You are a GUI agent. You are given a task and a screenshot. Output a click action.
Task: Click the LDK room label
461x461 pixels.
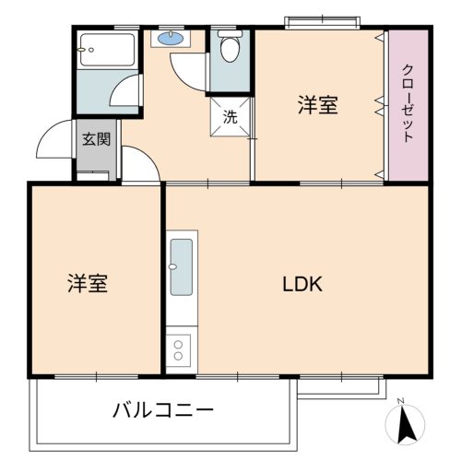pyautogui.click(x=302, y=284)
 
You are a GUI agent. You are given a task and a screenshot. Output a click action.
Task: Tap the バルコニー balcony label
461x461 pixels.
pyautogui.click(x=163, y=410)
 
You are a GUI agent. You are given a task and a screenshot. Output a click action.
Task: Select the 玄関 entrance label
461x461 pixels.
pyautogui.click(x=96, y=139)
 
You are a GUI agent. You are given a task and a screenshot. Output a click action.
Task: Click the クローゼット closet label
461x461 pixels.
pyautogui.click(x=408, y=103)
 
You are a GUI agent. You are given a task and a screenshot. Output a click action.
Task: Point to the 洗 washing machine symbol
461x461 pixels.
pyautogui.click(x=230, y=117)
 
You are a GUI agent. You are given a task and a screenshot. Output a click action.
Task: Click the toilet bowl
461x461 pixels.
pyautogui.click(x=230, y=49)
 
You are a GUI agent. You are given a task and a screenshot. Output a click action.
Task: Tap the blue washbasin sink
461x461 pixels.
pyautogui.click(x=171, y=38)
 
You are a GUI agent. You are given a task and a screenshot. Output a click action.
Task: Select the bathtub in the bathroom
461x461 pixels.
pyautogui.click(x=107, y=50)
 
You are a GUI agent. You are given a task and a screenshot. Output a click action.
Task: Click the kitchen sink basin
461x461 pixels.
pyautogui.click(x=182, y=267)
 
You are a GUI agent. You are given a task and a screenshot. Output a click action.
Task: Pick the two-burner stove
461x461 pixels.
pyautogui.click(x=178, y=350)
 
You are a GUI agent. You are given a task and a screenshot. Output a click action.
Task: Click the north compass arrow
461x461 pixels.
pyautogui.click(x=407, y=426)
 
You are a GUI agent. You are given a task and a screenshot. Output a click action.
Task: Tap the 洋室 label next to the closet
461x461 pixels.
pyautogui.click(x=318, y=105)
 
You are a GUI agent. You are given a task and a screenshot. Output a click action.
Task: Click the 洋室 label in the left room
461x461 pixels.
pyautogui.click(x=88, y=283)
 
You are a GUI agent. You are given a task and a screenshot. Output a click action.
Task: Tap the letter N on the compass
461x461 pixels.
pyautogui.click(x=400, y=401)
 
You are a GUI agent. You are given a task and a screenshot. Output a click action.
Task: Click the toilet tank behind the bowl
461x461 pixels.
pyautogui.click(x=230, y=33)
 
